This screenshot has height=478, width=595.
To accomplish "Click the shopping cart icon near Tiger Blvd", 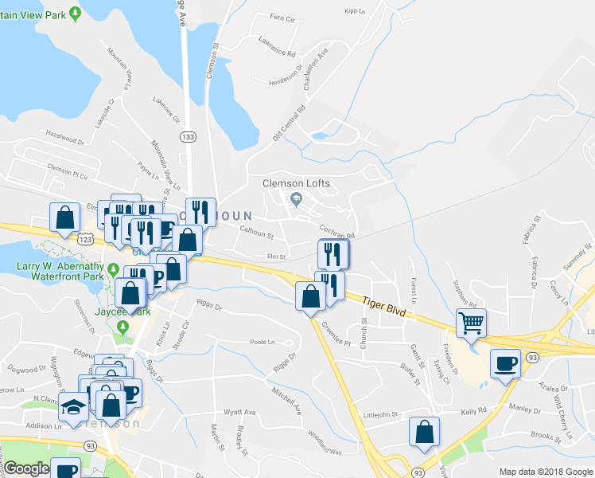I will tap(471, 323).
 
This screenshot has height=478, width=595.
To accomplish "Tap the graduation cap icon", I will tap(74, 406).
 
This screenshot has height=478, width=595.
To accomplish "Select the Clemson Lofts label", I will tap(296, 183).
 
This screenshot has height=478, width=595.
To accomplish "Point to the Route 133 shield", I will tap(188, 137).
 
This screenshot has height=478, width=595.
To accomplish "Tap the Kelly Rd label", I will tap(472, 411).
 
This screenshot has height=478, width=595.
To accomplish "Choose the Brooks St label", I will tap(546, 436).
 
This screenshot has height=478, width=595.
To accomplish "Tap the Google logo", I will tap(27, 468).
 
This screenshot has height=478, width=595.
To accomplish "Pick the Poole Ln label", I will tap(262, 341).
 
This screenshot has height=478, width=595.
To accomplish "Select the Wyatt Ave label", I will tap(239, 412).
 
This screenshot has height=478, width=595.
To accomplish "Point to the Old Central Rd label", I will tap(289, 121).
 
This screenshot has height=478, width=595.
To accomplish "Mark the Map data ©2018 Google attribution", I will tap(545, 472).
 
